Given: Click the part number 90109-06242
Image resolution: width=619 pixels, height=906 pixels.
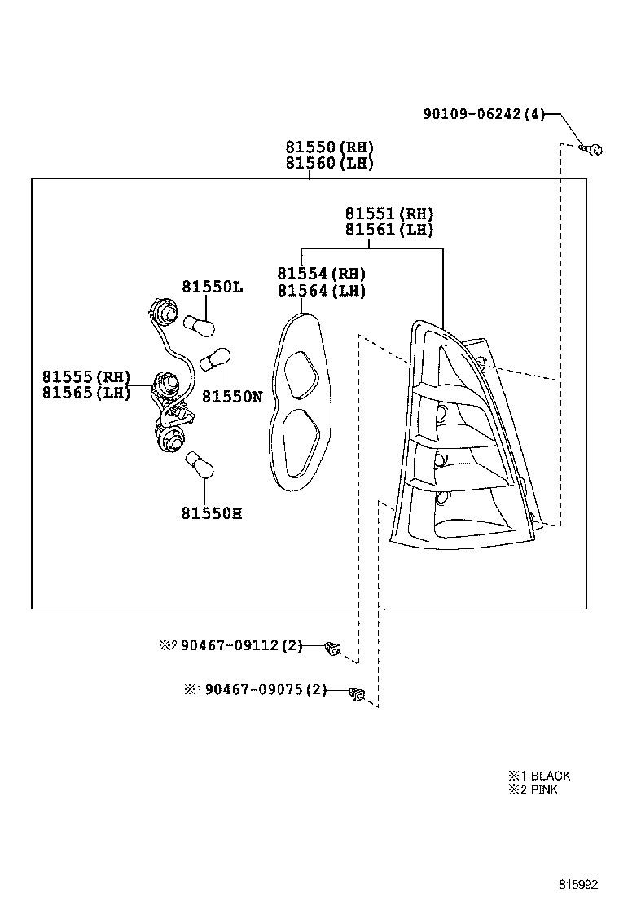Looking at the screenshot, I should click(472, 115).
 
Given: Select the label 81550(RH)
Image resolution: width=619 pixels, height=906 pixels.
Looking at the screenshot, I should click(329, 147).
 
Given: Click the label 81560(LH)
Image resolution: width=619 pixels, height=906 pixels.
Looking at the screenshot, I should click(329, 163).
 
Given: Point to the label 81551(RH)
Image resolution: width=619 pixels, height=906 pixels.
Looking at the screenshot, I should click(389, 213).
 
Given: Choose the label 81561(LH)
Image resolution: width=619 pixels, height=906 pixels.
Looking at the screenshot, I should click(389, 230).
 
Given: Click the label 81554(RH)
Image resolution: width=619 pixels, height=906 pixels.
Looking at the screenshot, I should click(321, 274).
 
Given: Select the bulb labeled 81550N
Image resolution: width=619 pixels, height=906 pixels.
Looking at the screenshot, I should click(219, 358).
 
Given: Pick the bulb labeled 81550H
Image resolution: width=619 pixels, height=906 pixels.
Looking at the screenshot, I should click(200, 467).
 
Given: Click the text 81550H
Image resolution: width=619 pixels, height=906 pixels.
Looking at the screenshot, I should click(211, 513).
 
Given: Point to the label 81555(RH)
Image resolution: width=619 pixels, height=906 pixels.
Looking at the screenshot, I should click(86, 376).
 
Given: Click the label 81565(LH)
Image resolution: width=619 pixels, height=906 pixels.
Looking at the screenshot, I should click(86, 393).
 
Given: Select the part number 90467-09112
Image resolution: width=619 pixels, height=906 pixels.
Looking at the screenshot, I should click(230, 645).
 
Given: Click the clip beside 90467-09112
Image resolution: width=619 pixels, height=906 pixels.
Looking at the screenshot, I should click(332, 649).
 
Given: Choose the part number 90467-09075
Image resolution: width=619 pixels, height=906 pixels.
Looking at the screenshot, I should click(254, 690).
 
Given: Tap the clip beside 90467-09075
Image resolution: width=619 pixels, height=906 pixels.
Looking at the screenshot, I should click(357, 693).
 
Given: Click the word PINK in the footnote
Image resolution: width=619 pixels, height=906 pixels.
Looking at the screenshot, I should click(544, 789).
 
